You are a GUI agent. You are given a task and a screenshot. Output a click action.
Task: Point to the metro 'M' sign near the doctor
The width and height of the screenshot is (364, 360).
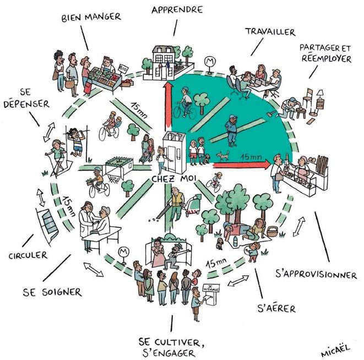pyautogui.click(x=124, y=253)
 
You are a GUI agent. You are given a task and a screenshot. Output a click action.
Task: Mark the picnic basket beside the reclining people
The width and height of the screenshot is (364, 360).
pyautogui.click(x=272, y=231)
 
